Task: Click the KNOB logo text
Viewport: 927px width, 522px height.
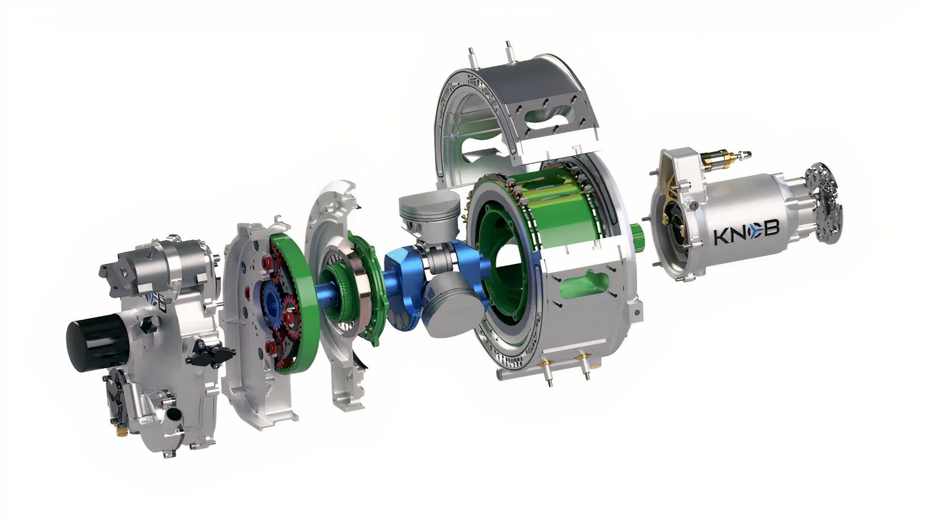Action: pos(746,231)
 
